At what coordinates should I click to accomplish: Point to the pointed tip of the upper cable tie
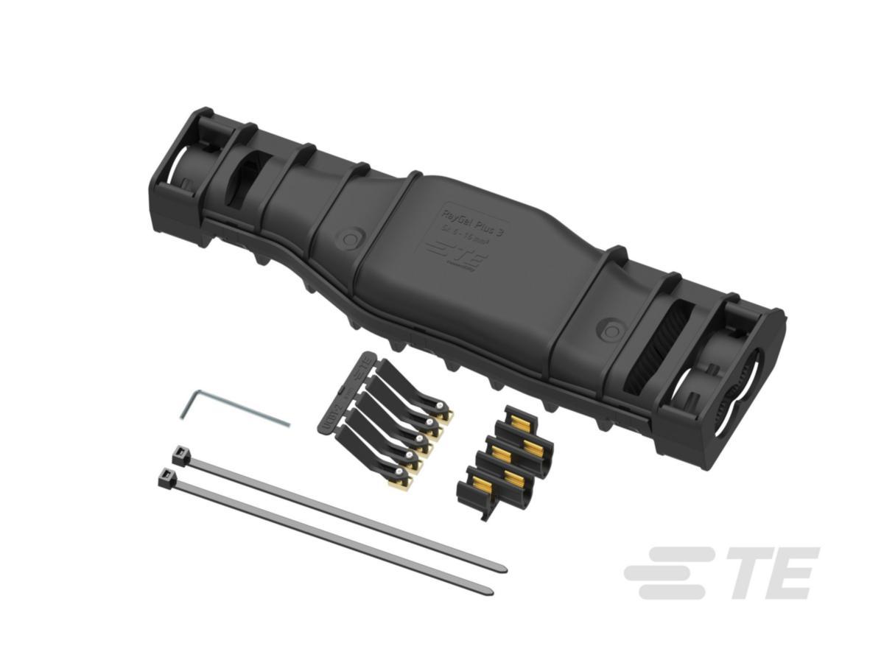pos(503,569)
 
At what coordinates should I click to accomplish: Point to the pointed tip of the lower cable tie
pos(490,591)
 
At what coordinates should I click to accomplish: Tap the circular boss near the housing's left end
pos(349,239)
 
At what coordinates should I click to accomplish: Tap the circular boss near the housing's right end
pos(611,329)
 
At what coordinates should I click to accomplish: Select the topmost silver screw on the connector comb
pos(440,406)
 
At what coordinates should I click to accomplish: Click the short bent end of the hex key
pos(186,404)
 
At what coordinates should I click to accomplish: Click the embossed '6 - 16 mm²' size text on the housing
pos(467,237)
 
